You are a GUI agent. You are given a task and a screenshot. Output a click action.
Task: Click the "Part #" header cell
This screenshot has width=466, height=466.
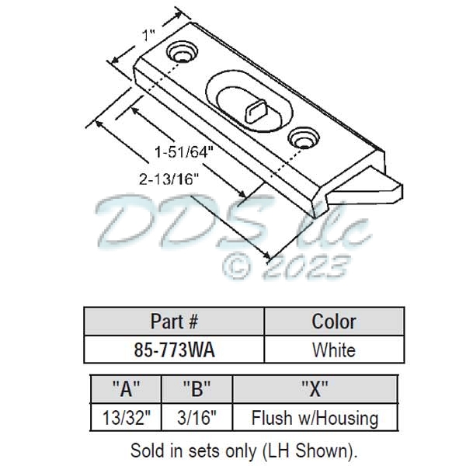(x=174, y=321)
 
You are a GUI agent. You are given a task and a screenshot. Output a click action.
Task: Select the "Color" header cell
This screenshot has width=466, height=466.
(x=334, y=321)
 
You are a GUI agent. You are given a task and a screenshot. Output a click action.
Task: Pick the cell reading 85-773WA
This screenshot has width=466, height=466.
(x=174, y=349)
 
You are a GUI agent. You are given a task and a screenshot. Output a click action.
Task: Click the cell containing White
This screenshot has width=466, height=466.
(x=334, y=349)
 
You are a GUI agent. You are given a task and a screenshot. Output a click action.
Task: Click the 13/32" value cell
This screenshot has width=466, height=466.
(x=126, y=418)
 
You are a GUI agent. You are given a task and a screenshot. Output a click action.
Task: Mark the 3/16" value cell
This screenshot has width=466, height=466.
(x=196, y=418)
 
